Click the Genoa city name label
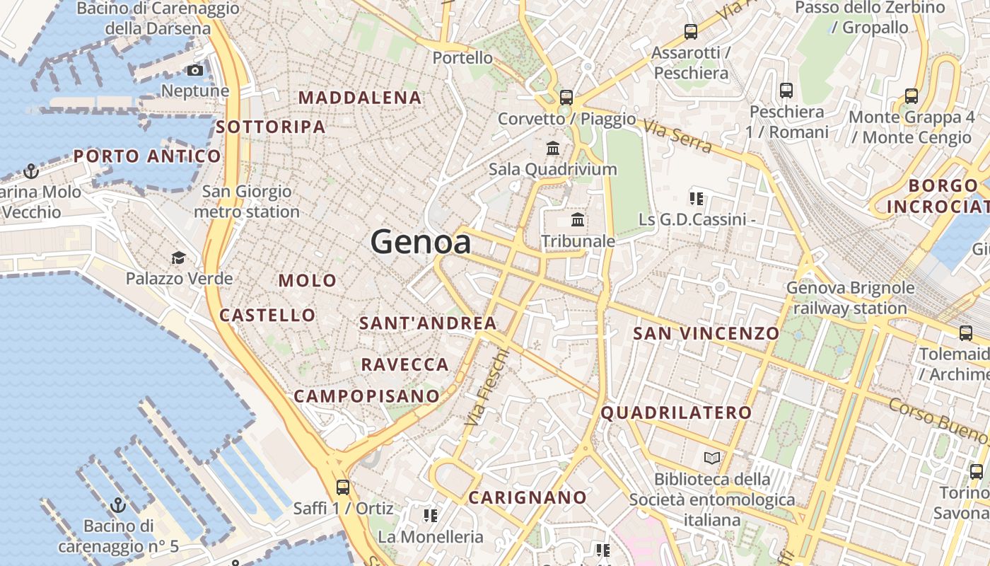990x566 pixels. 421,242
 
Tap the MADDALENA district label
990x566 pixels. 361,98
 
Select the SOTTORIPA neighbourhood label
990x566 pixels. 271,127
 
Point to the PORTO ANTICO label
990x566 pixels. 147,156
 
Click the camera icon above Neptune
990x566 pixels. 194,70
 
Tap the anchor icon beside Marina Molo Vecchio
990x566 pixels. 30,171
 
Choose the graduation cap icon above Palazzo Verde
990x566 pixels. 178,258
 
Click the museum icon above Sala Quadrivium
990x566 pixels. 553,149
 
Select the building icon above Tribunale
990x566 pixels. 578,220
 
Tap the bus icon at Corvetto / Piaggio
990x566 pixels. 566,98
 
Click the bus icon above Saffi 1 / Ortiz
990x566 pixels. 343,487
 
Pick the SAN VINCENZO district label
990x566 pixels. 706,333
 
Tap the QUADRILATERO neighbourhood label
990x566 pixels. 676,412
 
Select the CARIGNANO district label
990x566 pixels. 528,497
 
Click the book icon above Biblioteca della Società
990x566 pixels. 712,458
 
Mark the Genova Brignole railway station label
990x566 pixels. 850,298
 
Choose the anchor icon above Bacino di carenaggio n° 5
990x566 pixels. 118,505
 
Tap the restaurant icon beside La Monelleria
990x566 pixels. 430,516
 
